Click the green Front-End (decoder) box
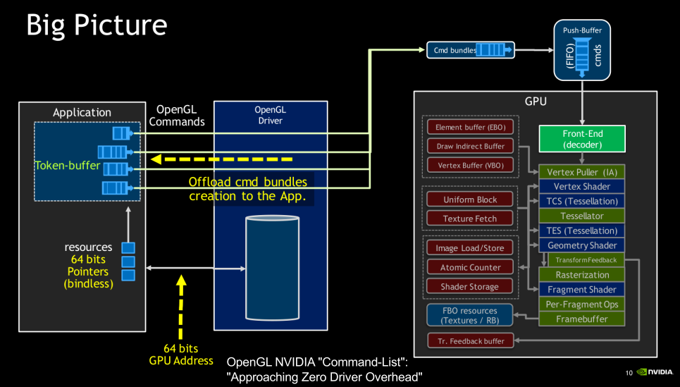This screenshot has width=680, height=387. pos(582,139)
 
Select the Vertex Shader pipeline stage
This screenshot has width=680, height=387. pos(582,187)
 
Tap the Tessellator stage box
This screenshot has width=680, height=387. pos(582,216)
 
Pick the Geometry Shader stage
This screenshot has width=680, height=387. pos(582,245)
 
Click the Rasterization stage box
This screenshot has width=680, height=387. pos(582,275)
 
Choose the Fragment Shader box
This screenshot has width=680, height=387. pos(582,290)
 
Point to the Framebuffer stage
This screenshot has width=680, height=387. pos(582,319)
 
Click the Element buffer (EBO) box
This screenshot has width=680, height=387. pos(470,128)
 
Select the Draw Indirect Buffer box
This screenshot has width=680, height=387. pos(470,147)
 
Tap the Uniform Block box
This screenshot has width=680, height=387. pos(470,199)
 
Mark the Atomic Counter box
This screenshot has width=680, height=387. pos(470,268)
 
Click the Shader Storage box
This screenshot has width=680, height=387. pos(470,287)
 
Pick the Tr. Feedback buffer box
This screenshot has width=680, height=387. pos(470,341)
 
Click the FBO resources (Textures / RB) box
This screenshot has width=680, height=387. pos(469,315)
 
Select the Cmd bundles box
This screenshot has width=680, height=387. pos(470,50)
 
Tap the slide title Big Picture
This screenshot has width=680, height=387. pos(97,25)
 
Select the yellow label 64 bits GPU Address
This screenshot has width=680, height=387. pos(181,355)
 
